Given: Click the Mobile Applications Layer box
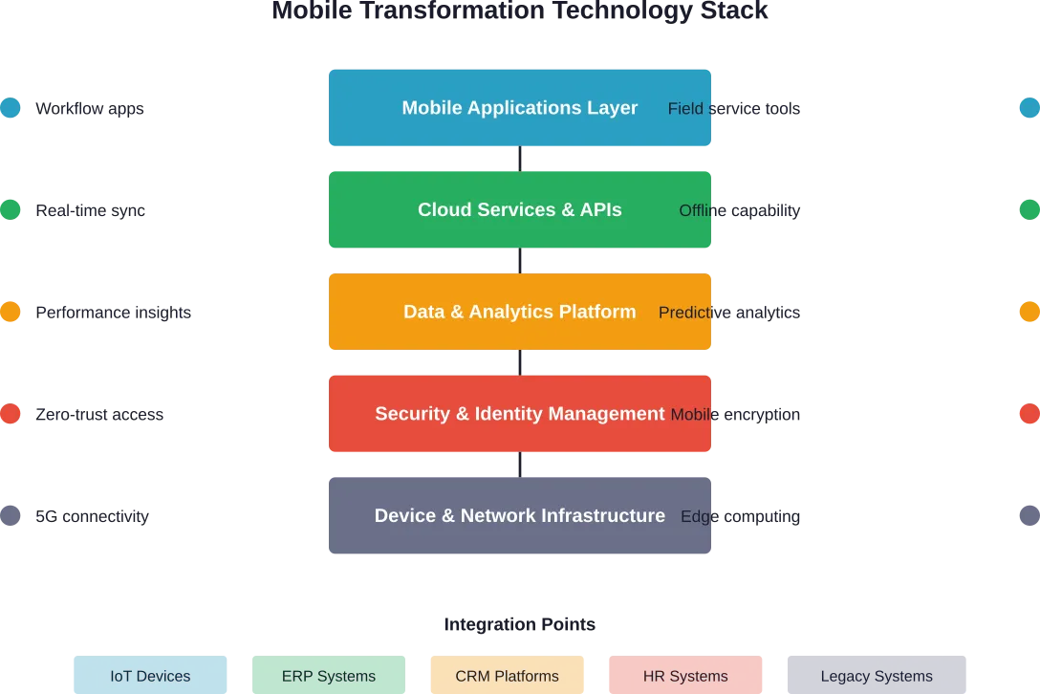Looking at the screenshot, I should tap(519, 109).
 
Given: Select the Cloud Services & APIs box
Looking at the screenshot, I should tap(519, 210).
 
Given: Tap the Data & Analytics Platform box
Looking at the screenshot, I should tap(519, 312).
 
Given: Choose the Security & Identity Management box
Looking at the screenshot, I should tap(519, 414).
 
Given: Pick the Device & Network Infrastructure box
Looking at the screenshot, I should tap(519, 516).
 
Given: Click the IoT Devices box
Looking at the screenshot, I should tap(150, 674).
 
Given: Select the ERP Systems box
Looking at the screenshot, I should tap(329, 674).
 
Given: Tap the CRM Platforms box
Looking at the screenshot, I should tap(507, 674).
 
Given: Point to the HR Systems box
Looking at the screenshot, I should tap(685, 674).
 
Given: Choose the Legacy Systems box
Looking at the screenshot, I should tap(877, 674).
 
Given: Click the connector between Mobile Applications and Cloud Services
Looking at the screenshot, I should tap(520, 159).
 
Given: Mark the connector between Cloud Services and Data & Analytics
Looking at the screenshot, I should tap(520, 261).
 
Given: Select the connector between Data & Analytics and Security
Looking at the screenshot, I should tap(520, 363).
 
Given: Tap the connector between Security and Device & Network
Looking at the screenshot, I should tap(520, 465).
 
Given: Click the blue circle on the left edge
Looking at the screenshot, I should tap(10, 107).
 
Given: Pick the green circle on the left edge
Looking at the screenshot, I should tap(10, 210).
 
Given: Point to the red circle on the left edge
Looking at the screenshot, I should tap(10, 414).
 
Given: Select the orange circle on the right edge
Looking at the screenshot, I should tap(1029, 312).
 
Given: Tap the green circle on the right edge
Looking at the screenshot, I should tap(1029, 210).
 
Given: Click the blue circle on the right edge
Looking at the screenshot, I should tap(1029, 107).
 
